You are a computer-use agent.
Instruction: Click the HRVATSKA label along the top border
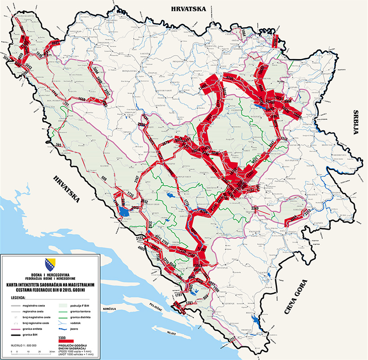[x=191, y=8]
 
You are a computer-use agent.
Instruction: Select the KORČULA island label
[x=109, y=309]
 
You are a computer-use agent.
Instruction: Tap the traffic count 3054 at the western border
[x=6, y=59]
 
